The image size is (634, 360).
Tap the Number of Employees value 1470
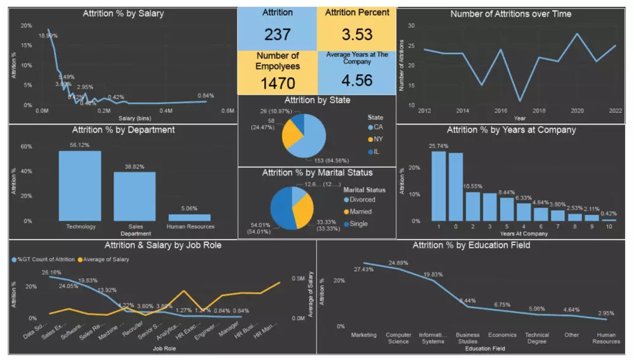point(277,82)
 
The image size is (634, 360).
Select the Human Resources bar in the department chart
point(190,217)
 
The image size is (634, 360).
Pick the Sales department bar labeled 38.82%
point(134,196)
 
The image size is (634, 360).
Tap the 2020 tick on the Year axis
point(576,110)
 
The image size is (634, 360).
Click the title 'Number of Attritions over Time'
point(510,14)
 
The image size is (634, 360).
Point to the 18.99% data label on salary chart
point(48,36)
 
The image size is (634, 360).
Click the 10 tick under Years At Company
point(609,227)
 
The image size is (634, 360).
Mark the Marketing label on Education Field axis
point(364,335)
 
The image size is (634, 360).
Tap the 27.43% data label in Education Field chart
point(365,252)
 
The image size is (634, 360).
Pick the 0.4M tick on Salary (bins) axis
point(165,110)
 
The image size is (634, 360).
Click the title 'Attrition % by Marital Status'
point(317,172)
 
